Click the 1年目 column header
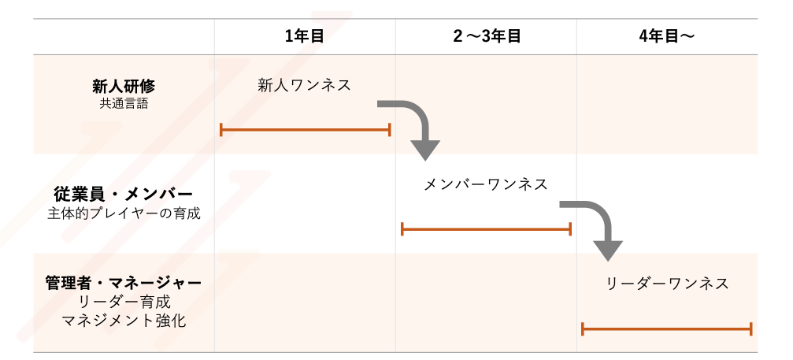point(305,36)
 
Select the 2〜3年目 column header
point(487,36)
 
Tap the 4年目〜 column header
point(667,36)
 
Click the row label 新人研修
point(124,86)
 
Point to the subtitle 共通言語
point(124,102)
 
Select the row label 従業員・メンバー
point(124,194)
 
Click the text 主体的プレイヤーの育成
point(124,213)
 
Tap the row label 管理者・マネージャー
point(124,282)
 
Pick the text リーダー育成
point(124,301)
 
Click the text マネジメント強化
point(124,320)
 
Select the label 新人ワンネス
point(305,85)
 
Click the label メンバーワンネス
point(486,184)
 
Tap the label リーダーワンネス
point(667,284)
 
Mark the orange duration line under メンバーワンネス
point(486,229)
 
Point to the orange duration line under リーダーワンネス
point(666,328)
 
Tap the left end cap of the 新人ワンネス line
point(221,129)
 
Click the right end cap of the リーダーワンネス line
point(751,328)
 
